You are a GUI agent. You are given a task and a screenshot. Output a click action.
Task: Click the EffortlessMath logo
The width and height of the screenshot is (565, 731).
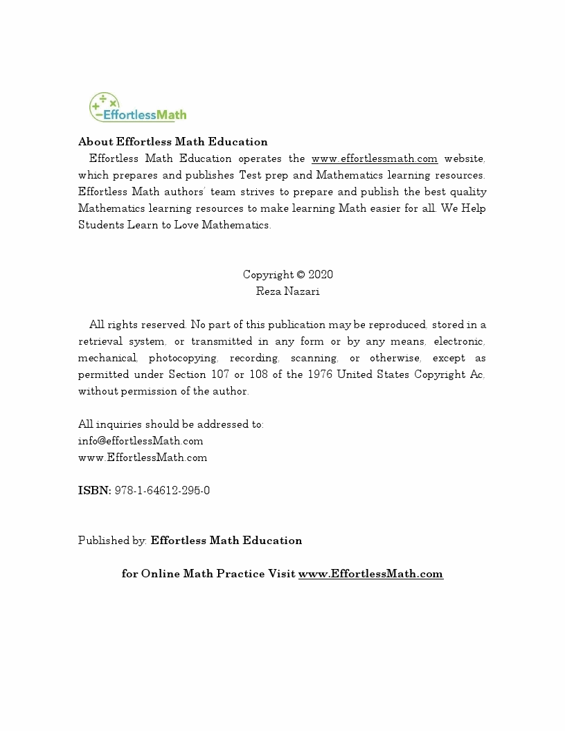tap(138, 109)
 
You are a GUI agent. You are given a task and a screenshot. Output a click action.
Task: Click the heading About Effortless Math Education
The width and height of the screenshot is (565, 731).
tap(172, 142)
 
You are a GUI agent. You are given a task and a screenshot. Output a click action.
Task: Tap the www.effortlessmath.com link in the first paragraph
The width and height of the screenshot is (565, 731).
tap(374, 159)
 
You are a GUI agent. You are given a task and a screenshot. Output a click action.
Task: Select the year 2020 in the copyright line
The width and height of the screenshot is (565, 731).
tap(321, 275)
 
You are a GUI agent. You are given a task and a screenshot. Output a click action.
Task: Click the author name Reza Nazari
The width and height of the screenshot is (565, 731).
tap(287, 291)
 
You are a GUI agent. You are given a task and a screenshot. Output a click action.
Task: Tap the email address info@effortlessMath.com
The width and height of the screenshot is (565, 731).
tap(141, 441)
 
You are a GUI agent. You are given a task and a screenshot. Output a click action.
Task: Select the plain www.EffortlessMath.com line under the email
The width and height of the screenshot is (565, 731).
tap(143, 458)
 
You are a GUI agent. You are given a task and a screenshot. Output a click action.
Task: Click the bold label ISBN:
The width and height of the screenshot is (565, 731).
tap(94, 491)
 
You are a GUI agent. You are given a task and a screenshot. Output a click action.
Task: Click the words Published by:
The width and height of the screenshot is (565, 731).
tap(112, 541)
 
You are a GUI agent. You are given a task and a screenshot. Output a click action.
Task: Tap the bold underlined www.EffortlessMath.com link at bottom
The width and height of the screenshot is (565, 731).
tap(370, 574)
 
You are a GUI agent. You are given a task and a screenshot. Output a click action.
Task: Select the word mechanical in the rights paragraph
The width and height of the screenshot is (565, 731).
tap(107, 358)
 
